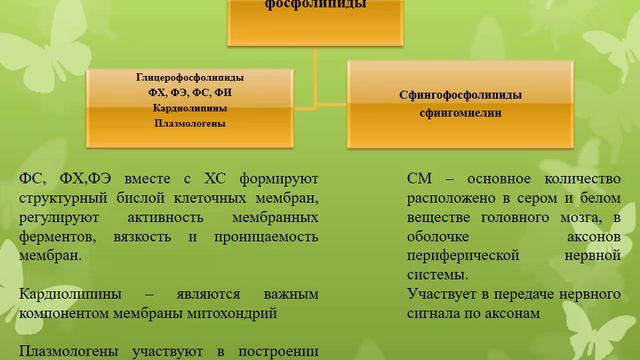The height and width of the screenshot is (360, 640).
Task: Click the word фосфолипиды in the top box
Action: [x=320, y=5]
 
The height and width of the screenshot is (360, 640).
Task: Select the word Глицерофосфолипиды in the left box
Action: [x=189, y=77]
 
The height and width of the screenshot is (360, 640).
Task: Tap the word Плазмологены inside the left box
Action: [x=189, y=123]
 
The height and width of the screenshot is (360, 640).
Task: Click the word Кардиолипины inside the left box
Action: [x=190, y=108]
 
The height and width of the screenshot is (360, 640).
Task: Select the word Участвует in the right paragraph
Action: [x=443, y=294]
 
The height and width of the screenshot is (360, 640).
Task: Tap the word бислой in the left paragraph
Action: [x=145, y=198]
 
